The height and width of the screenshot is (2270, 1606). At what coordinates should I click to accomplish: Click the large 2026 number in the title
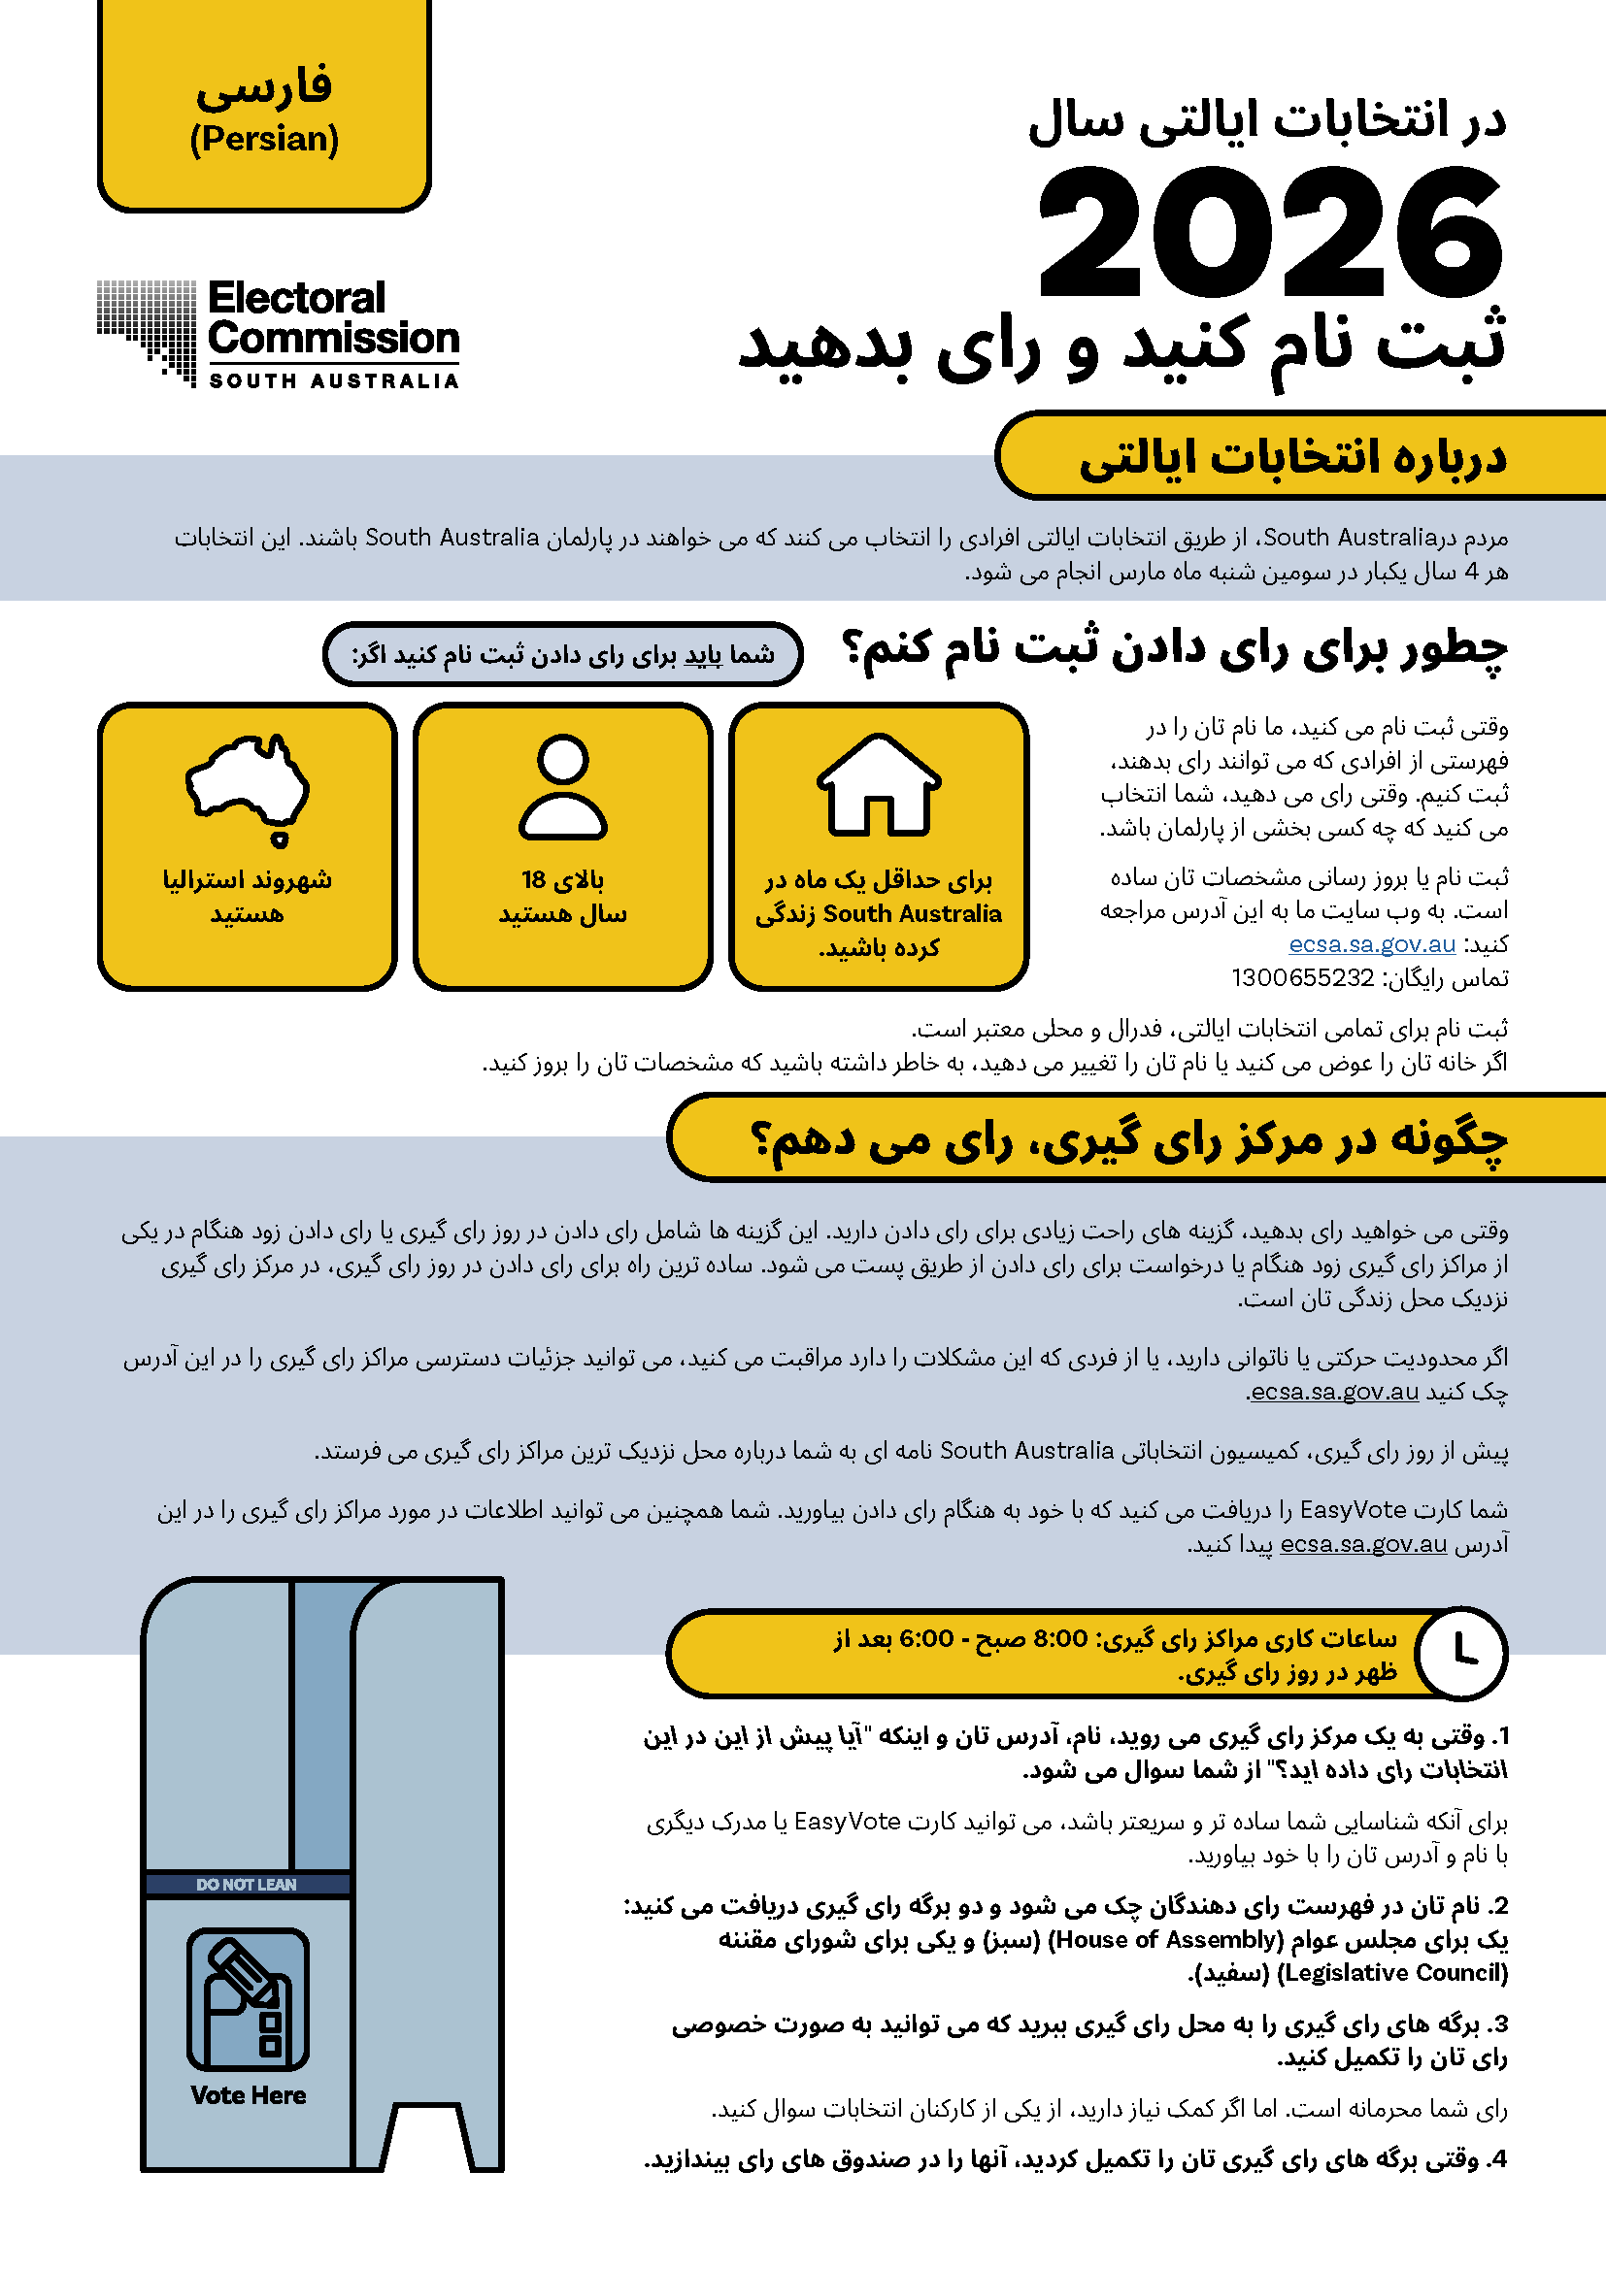click(x=1271, y=232)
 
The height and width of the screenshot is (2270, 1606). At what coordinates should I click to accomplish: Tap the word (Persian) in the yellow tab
click(x=264, y=140)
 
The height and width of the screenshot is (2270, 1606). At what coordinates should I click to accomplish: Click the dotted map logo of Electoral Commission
click(x=148, y=330)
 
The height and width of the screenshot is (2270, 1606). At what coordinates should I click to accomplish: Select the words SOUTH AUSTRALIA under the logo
click(x=333, y=380)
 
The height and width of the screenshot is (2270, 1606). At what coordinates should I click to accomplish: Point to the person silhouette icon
click(x=563, y=787)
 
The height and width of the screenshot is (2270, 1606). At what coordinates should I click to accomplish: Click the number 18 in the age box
click(x=534, y=879)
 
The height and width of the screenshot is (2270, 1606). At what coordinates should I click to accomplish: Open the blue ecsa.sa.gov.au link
click(x=1372, y=944)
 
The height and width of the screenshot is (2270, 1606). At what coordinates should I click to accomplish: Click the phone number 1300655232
click(x=1302, y=978)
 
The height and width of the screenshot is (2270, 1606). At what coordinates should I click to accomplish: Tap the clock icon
click(x=1460, y=1653)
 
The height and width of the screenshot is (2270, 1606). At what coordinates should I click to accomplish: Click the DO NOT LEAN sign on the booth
click(x=247, y=1885)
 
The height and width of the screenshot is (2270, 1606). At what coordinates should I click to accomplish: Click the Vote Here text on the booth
click(x=249, y=2095)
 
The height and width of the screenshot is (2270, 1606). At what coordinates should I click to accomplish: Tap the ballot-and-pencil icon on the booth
click(x=249, y=2000)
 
